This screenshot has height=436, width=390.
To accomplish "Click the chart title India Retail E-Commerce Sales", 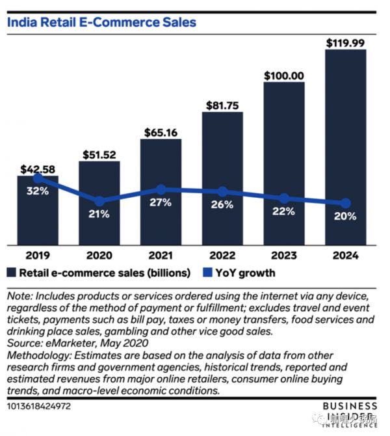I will (101, 22).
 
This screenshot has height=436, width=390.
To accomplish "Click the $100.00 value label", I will (284, 75).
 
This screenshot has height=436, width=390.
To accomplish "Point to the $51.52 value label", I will (99, 155).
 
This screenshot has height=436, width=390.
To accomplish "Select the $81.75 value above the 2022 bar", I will (222, 105).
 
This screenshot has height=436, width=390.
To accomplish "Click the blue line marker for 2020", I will (99, 201).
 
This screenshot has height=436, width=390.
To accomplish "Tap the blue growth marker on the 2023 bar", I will (284, 198).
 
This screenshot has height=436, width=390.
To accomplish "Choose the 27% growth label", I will (161, 202).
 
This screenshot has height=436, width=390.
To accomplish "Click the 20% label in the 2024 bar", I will (345, 216).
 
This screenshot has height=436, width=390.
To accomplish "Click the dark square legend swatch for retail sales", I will (12, 273).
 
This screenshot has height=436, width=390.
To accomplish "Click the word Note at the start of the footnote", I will (19, 296).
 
